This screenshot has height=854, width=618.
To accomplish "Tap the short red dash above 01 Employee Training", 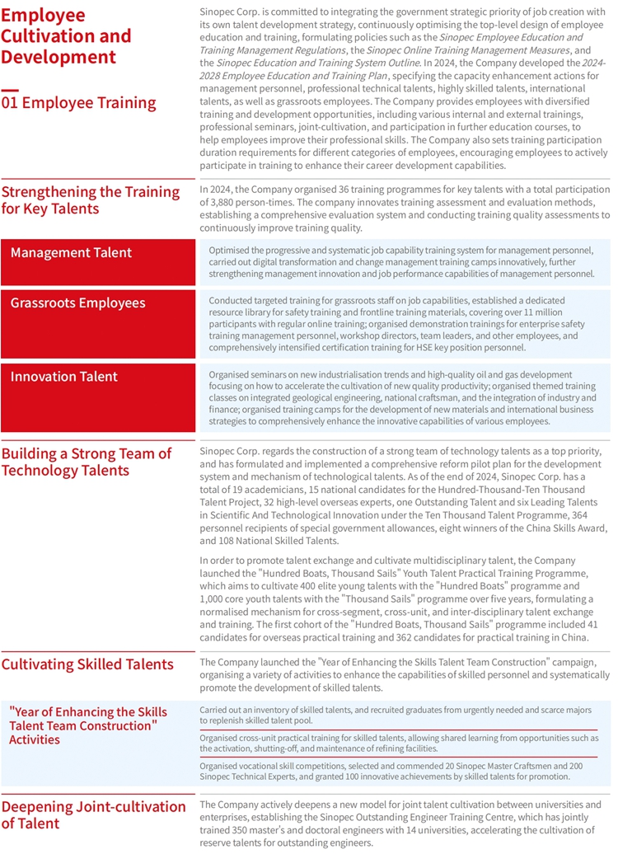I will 9,89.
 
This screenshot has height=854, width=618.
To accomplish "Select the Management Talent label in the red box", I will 71,252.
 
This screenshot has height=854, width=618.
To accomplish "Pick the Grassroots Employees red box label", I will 77,303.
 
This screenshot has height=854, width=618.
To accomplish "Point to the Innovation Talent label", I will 64,377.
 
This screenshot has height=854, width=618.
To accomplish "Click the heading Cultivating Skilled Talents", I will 87,664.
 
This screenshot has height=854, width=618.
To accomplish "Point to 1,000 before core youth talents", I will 214,599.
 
